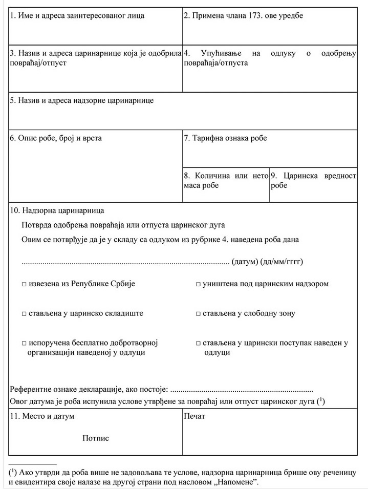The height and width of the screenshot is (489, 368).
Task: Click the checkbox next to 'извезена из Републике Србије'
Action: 24,284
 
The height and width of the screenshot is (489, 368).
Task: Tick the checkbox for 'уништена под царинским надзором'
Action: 198,284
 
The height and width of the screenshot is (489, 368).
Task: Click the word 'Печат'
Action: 194,416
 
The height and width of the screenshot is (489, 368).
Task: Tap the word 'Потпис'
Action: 95,438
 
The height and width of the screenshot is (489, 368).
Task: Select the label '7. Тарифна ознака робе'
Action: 225,138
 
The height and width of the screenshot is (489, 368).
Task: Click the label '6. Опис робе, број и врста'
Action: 56,138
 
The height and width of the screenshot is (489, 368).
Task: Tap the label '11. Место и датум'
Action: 42,416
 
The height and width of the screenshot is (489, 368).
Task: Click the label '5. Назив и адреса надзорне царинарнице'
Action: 81,100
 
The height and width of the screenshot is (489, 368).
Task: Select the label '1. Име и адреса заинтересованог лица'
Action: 77,15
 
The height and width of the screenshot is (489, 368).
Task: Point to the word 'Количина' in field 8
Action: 213,176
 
